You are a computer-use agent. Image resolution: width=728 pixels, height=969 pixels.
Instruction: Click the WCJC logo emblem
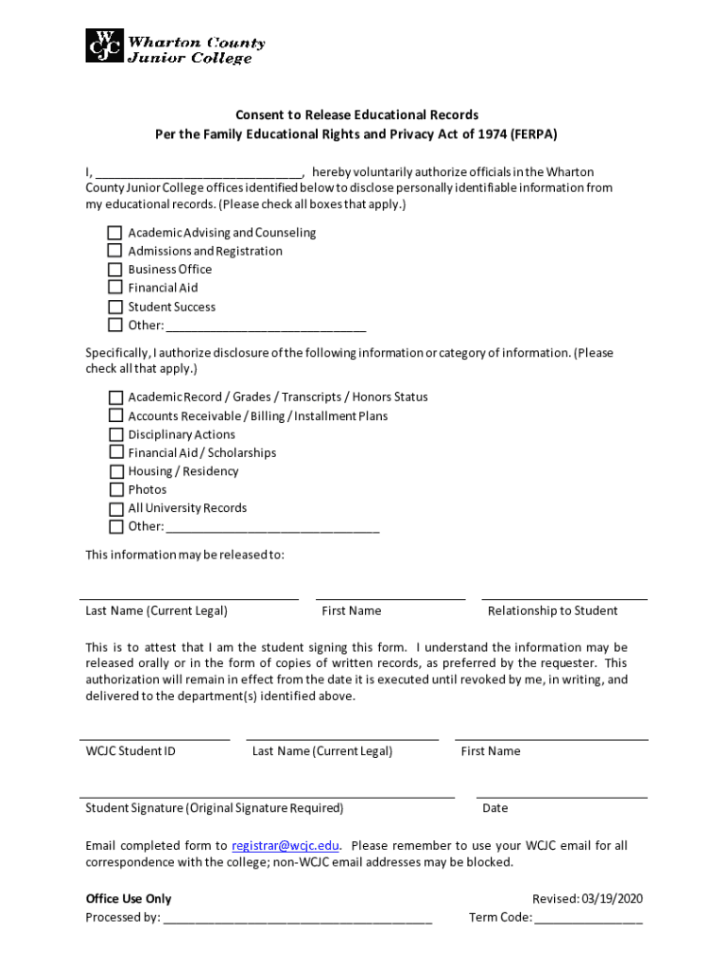click(104, 44)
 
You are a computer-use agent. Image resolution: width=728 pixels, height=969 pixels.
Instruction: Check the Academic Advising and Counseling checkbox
click(114, 233)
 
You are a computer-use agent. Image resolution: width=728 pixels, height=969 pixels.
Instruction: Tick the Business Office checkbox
click(114, 269)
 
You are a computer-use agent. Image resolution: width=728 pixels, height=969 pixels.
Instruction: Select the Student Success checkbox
click(114, 307)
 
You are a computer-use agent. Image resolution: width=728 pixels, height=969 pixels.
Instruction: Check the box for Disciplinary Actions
click(115, 434)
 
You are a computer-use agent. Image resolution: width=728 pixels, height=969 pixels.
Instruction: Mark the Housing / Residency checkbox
click(115, 471)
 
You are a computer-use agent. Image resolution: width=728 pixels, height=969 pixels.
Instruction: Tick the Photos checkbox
click(115, 489)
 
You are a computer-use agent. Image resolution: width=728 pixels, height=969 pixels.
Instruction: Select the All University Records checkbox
click(115, 508)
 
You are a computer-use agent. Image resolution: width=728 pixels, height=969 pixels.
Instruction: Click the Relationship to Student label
click(552, 610)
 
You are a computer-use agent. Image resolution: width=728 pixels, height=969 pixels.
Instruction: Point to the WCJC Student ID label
click(130, 750)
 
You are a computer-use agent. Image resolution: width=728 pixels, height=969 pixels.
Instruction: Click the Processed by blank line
click(298, 917)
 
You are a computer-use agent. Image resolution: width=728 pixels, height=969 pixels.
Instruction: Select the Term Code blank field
click(587, 917)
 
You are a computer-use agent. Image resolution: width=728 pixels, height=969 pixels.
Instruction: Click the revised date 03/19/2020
click(612, 898)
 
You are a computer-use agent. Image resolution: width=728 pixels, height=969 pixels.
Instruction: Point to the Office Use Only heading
click(129, 898)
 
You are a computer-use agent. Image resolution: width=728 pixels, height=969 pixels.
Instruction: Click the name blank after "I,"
click(198, 172)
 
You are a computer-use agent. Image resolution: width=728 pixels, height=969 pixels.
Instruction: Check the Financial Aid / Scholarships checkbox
click(115, 452)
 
